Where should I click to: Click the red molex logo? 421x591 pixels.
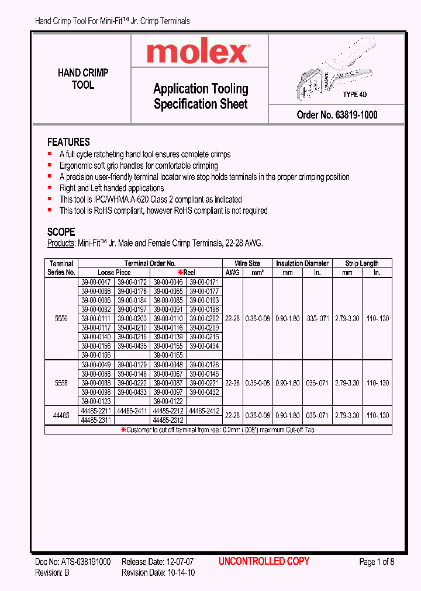[198, 53]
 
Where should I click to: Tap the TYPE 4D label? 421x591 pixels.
[355, 95]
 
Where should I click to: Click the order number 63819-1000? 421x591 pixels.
[337, 115]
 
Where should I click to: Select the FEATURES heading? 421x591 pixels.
[68, 142]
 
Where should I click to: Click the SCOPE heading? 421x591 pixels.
[61, 232]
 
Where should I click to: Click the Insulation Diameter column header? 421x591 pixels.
[302, 263]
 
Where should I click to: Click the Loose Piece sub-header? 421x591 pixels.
[114, 272]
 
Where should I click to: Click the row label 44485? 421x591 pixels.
[61, 415]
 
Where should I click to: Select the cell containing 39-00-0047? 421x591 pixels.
[96, 281]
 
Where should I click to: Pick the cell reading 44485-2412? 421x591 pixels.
[205, 411]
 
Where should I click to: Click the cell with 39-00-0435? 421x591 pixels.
[132, 346]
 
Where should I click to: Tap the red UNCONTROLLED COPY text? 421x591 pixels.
[264, 561]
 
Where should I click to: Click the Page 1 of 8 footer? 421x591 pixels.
[377, 562]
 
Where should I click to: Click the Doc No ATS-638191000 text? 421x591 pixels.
[73, 562]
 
